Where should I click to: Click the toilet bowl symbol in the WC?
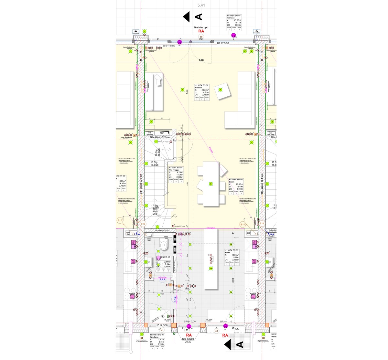[165, 245]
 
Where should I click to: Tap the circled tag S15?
[143, 224]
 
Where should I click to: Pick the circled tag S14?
[242, 224]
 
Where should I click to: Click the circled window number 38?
[201, 37]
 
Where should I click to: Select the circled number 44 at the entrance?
[187, 330]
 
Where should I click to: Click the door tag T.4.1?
[162, 280]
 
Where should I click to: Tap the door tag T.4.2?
[175, 299]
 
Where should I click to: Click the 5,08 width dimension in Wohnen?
[201, 60]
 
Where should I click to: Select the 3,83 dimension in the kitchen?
[233, 281]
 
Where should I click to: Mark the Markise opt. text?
[201, 27]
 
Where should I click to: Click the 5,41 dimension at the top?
[201, 5]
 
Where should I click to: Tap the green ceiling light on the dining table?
[210, 184]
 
